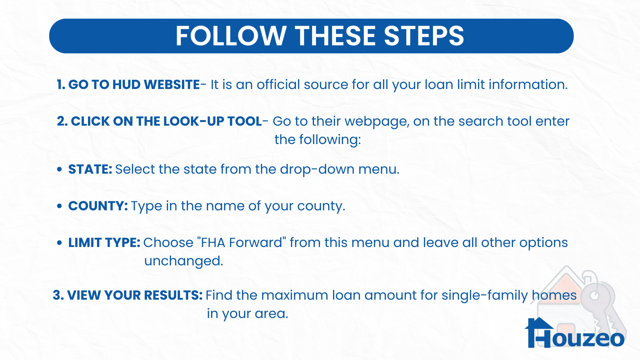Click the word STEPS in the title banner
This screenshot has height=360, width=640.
point(424,36)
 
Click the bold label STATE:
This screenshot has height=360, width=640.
point(90,169)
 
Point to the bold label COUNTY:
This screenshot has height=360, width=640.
point(98,206)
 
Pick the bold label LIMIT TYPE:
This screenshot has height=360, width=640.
point(104,243)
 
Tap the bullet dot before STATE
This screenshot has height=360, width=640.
point(59,169)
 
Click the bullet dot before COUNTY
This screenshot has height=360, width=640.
point(59,206)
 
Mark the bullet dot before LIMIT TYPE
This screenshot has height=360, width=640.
point(59,243)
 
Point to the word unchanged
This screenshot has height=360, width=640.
point(184,261)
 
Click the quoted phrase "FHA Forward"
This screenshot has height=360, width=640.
point(242,242)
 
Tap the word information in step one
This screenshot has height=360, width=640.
point(528,84)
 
